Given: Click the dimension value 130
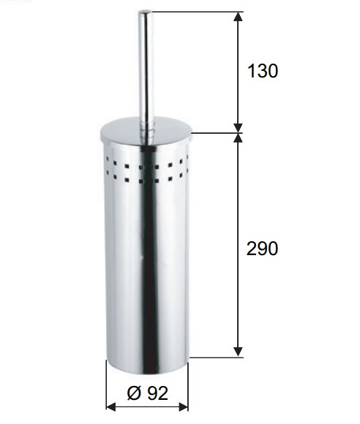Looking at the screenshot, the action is (263, 71).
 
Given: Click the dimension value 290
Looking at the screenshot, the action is (262, 249).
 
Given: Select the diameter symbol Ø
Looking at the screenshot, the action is (134, 393).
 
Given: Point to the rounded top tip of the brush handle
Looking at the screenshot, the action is (146, 12).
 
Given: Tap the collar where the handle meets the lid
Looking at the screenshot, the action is (146, 128).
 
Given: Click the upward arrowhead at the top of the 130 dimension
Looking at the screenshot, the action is (238, 17).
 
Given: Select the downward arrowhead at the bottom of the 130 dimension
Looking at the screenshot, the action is (238, 128).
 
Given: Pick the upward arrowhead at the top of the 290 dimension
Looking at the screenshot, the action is (238, 138).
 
